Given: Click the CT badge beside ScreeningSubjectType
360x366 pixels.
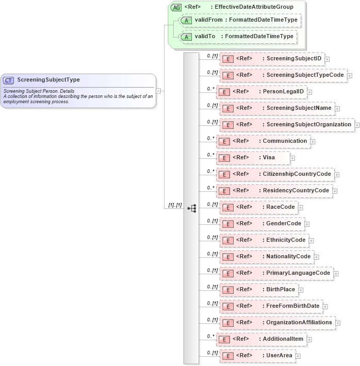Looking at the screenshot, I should point(9,80).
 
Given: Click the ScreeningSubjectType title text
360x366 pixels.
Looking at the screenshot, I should point(48,80).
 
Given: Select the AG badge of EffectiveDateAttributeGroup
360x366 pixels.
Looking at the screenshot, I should point(176,7).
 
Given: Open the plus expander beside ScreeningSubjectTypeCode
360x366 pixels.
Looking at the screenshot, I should point(350,76).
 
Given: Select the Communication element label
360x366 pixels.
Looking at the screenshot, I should point(285,141).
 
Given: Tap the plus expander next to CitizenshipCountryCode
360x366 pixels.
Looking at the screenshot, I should point(337,175).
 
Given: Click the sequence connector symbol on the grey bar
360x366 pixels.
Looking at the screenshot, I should point(192,208).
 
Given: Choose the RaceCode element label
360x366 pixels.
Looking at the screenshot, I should point(280,207).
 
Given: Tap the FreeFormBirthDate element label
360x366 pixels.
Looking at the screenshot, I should point(292,306).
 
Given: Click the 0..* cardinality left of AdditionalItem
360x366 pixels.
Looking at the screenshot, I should point(210,336).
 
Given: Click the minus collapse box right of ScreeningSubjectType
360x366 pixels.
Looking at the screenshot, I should point(159,91).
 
